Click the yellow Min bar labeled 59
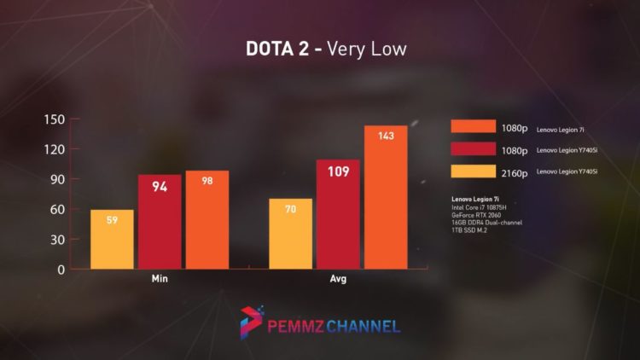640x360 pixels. (113, 239)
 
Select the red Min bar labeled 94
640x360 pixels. (160, 222)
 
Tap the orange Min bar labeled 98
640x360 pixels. (207, 219)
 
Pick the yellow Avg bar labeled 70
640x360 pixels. (290, 234)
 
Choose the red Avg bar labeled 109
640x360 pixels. (338, 214)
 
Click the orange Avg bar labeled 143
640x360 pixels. (386, 197)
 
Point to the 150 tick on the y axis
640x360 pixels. (54, 119)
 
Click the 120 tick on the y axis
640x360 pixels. (54, 149)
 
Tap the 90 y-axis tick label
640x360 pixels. (56, 179)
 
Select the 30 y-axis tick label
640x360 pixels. (56, 239)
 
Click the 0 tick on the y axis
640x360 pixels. (61, 270)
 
